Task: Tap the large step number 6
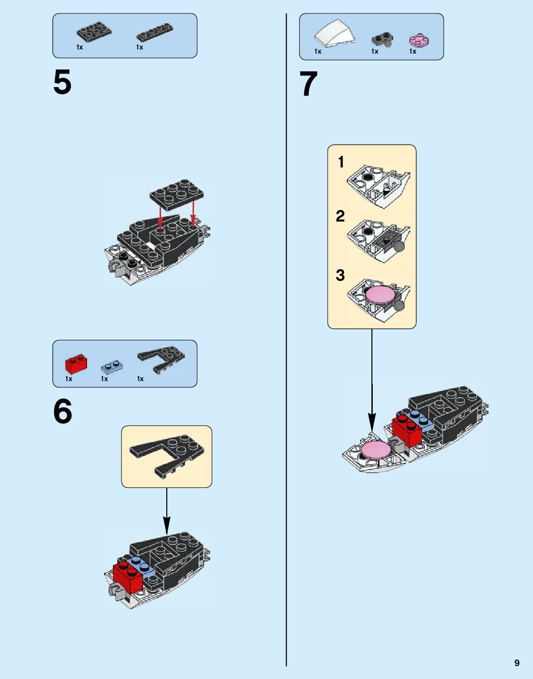click(x=63, y=411)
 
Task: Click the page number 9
click(x=517, y=663)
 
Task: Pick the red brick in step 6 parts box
click(x=76, y=364)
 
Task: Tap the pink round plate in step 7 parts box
click(x=420, y=40)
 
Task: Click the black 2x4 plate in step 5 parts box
click(x=94, y=31)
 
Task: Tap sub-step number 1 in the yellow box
click(x=341, y=162)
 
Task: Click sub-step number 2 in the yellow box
click(x=340, y=216)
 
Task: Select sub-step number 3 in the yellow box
click(x=340, y=275)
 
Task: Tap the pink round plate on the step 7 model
click(x=376, y=449)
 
